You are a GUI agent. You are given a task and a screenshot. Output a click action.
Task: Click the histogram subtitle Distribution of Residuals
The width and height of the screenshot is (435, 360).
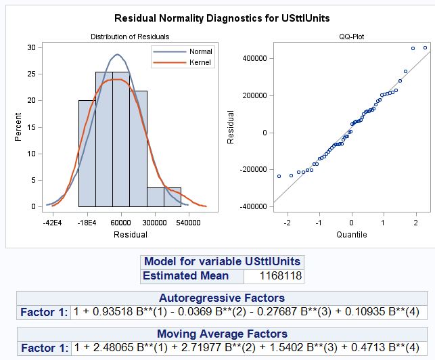point(130,37)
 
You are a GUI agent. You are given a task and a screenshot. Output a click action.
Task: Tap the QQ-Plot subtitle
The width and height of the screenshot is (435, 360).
point(351,37)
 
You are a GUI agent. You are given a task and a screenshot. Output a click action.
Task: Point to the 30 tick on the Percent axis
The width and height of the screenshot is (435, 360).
point(31,47)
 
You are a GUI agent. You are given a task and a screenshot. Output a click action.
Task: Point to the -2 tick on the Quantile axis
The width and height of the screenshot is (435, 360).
point(288,222)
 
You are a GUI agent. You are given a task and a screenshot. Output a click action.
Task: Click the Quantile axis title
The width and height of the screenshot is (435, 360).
point(351,235)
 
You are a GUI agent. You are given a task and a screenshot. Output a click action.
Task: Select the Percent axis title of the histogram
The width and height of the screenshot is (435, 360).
point(18,127)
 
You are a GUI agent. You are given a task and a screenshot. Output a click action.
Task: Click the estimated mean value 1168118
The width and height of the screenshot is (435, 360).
point(283,276)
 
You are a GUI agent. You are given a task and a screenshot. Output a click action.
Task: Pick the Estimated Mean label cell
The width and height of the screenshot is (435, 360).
point(185,276)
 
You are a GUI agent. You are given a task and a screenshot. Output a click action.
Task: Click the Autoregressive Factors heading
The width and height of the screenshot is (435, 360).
point(221,298)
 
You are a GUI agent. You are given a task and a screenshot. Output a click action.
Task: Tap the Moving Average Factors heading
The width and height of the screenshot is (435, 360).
point(221,334)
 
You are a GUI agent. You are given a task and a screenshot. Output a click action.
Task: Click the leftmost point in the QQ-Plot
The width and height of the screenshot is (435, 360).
point(279,176)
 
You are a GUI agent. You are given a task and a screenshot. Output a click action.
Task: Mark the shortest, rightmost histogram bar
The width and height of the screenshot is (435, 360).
point(173,197)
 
